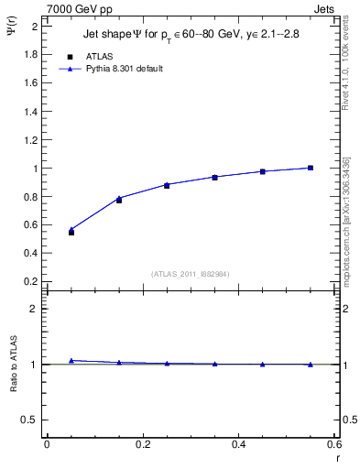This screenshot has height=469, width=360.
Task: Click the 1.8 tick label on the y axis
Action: [x=30, y=55]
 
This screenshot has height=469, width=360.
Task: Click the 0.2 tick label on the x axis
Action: [x=142, y=444]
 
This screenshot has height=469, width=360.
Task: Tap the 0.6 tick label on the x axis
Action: [x=334, y=444]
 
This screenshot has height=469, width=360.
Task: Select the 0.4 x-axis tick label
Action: [x=238, y=444]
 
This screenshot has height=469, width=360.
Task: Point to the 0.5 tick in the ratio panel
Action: [x=30, y=420]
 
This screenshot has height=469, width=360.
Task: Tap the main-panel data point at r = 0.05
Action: [x=71, y=232]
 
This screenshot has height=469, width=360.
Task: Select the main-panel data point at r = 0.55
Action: [x=311, y=168]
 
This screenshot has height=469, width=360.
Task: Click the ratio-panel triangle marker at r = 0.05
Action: [x=71, y=360]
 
